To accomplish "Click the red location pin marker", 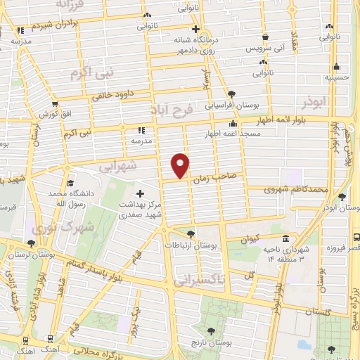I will [x=181, y=165].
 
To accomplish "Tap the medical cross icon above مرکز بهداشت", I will [x=139, y=193].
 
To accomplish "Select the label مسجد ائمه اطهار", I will [x=212, y=133].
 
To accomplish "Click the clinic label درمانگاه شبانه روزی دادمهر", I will [x=203, y=46].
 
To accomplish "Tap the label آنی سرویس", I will [x=264, y=50].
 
